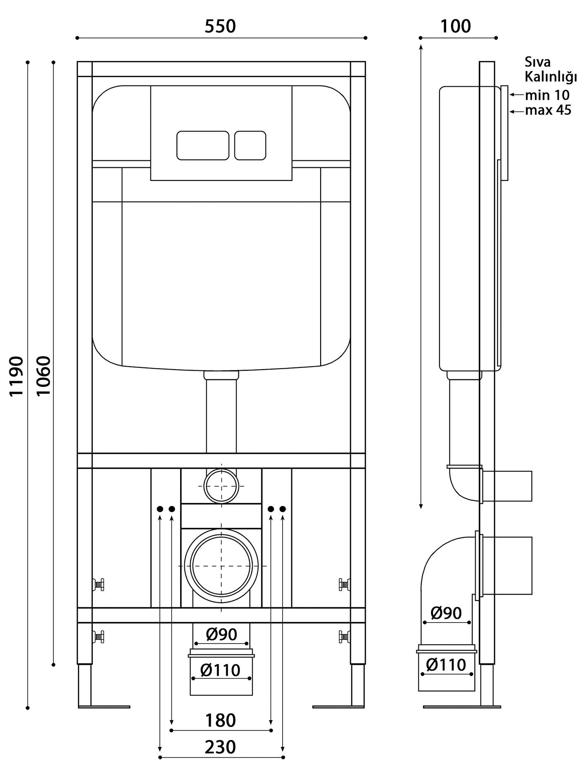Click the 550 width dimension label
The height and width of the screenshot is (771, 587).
(220, 26)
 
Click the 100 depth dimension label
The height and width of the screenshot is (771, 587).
(455, 26)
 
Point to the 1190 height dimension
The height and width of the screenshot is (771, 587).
(17, 376)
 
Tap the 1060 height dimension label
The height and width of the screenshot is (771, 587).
(43, 376)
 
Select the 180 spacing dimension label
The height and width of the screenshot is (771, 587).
(220, 720)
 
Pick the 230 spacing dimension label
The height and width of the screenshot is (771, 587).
(220, 747)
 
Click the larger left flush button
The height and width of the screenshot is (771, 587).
(203, 146)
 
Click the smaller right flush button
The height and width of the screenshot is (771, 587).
(250, 146)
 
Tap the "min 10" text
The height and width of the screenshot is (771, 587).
(547, 95)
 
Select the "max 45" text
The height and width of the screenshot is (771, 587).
(548, 110)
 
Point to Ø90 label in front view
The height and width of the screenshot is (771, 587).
(222, 634)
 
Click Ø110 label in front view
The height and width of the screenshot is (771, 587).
(220, 670)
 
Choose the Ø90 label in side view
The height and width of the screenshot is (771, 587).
(446, 613)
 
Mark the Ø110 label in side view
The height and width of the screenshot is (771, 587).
(446, 665)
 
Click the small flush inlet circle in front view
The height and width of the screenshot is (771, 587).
(222, 469)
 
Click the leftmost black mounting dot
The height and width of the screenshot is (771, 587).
(160, 509)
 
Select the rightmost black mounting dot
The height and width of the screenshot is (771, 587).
(283, 509)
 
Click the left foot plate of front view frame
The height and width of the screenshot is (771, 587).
(104, 706)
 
